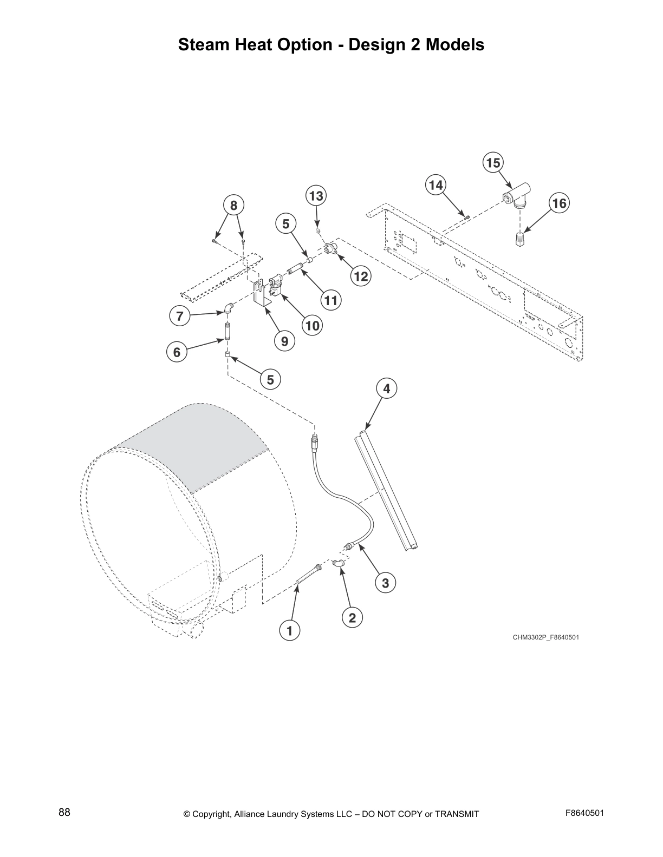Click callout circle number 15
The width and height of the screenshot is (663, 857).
(492, 163)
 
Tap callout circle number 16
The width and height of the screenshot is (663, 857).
(559, 203)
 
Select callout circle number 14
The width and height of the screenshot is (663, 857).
(435, 185)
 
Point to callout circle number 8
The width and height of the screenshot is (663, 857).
(233, 206)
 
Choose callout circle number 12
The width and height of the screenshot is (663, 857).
(361, 277)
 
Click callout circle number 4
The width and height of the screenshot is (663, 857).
(386, 388)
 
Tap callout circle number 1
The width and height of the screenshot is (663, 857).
(289, 630)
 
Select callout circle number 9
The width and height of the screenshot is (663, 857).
(284, 341)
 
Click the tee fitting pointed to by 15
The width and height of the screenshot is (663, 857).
(517, 196)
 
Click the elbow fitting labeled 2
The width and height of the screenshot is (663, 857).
(340, 564)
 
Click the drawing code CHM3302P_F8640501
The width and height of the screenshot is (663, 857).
(546, 637)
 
